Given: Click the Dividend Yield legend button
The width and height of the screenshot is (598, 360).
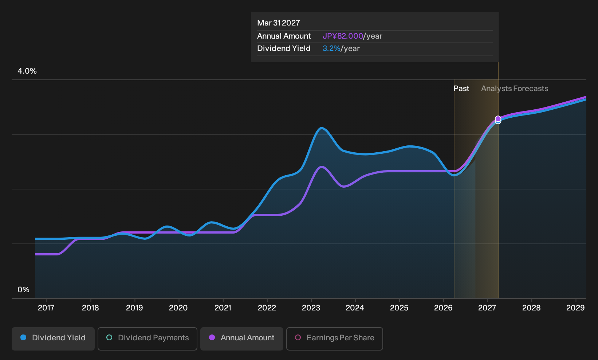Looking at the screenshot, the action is (x=53, y=339).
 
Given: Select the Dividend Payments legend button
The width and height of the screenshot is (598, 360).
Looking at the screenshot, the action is (x=147, y=339).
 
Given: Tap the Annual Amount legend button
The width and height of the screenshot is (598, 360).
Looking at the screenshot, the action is (x=241, y=339).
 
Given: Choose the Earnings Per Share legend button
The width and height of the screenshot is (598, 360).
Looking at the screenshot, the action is (x=334, y=339).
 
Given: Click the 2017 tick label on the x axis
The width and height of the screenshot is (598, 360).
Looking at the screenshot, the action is (x=46, y=308).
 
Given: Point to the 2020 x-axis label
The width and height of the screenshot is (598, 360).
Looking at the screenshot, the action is (x=178, y=308).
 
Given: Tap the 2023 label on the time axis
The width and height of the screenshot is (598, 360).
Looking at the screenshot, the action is (x=311, y=308).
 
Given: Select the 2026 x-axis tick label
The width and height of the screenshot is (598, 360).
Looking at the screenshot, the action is (x=443, y=308).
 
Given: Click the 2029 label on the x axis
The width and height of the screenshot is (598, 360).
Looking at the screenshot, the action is (x=575, y=308).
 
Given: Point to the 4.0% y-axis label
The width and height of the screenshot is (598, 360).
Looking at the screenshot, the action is (x=27, y=71).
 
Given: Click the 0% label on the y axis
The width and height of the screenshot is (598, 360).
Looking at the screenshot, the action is (x=24, y=290).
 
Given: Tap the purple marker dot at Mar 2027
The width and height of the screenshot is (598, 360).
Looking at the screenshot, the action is (x=498, y=118).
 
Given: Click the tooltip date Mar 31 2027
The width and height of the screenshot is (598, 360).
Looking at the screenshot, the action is (x=279, y=23).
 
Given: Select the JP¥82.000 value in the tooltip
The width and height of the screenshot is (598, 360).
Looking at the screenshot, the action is (x=343, y=36).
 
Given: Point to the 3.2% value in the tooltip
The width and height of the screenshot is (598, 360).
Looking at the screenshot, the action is (x=331, y=48).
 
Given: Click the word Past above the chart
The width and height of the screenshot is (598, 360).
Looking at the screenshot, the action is (x=461, y=89).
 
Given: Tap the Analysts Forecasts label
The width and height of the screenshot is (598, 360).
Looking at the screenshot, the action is (x=515, y=89).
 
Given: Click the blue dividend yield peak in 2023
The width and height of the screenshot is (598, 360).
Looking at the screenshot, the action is (x=322, y=128).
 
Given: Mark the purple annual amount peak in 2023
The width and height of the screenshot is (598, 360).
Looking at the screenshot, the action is (x=322, y=167).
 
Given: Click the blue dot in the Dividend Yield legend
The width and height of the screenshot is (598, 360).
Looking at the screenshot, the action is (x=24, y=337).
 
